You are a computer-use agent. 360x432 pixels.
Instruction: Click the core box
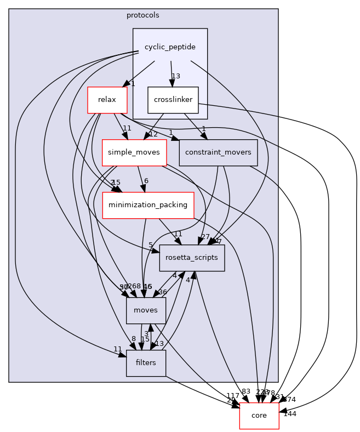[259, 416]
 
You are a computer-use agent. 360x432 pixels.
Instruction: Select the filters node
[146, 363]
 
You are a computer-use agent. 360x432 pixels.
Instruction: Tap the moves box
[146, 311]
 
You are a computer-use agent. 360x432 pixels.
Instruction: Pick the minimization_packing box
[148, 206]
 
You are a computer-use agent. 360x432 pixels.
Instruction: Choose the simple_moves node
[134, 153]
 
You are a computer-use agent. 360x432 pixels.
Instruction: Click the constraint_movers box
[218, 153]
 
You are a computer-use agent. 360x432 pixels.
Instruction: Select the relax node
[107, 100]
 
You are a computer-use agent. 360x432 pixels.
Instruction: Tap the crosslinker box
[173, 100]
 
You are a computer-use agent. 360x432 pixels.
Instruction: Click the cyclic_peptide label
[170, 47]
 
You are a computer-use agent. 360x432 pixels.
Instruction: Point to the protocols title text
[142, 15]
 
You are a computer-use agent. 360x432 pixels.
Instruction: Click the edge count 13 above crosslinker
[176, 76]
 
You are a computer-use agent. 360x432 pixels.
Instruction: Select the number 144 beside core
[290, 414]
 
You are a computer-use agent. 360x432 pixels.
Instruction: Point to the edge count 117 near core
[233, 396]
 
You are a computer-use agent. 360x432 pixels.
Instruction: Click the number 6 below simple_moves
[146, 181]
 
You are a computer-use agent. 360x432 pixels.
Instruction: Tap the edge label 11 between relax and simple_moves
[127, 129]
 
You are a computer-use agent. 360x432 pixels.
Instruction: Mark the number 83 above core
[245, 392]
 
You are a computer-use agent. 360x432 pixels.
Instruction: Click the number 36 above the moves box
[163, 292]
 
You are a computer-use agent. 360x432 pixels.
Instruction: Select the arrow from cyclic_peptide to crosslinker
[172, 73]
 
